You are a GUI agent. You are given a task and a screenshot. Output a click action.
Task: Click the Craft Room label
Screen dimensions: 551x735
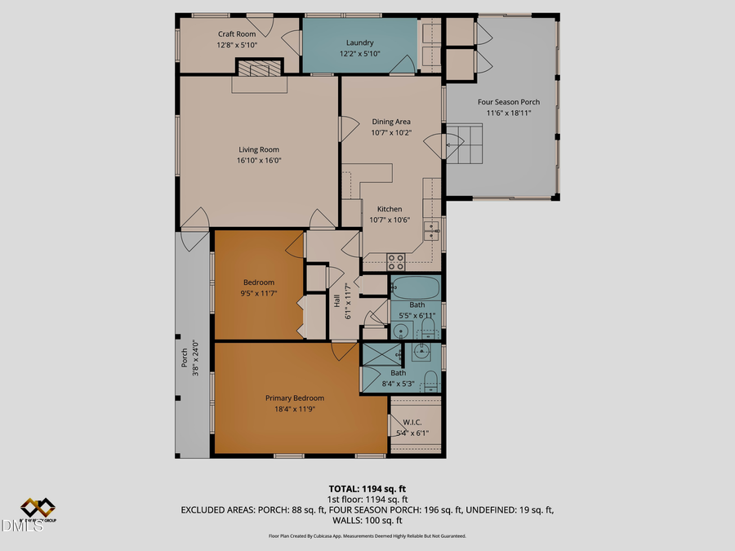pos(237,33)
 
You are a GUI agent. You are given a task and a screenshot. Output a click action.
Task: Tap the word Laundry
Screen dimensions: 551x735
pos(359,42)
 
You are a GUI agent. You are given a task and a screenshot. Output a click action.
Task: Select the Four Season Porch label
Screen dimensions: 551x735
pos(509,102)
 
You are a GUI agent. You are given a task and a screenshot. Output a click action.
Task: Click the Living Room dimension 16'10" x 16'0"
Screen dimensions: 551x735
pos(259,161)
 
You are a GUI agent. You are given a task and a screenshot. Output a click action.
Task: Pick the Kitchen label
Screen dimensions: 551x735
pos(390,209)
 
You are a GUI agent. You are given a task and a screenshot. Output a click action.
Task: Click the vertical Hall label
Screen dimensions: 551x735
pos(336,300)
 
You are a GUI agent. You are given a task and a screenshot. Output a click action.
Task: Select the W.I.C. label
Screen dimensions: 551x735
pos(412,422)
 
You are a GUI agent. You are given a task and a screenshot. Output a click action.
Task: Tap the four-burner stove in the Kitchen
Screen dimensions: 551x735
pos(396,261)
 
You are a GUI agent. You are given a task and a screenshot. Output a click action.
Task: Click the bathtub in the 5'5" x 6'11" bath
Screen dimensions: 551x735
pos(416,288)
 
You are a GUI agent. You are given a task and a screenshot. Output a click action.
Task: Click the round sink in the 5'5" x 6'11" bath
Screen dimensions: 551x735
pos(401,331)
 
